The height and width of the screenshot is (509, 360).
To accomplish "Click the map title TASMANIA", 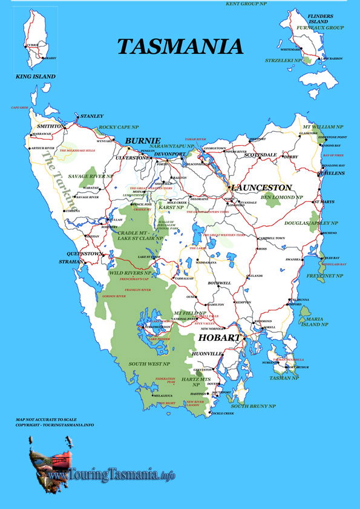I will click(x=180, y=47).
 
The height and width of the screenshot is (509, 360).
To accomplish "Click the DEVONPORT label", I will click(x=171, y=154).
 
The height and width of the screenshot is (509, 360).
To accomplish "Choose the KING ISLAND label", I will click(x=36, y=77).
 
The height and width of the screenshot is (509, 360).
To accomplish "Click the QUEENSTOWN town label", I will click(x=84, y=254).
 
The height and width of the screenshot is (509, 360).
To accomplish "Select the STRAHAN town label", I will click(x=71, y=262).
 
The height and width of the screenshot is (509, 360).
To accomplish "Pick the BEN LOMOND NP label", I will click(x=281, y=197).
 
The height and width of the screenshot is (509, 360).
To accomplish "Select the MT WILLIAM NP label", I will click(x=323, y=128).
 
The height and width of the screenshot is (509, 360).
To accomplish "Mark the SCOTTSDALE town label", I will click(x=260, y=155).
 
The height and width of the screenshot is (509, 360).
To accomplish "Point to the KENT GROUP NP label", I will click(x=246, y=4).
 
